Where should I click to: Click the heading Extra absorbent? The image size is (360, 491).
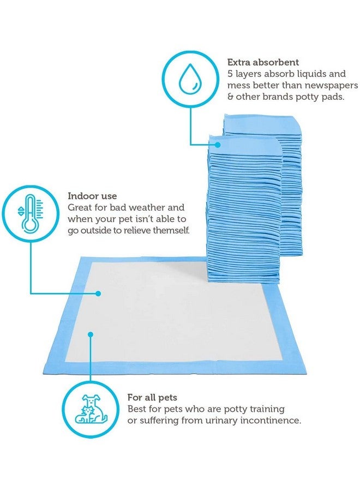click(263, 62)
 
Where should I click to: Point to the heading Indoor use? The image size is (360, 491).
click(92, 196)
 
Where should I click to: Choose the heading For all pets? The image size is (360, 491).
click(152, 397)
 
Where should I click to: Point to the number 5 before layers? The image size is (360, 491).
click(230, 74)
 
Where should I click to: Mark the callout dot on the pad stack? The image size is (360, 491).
click(218, 145)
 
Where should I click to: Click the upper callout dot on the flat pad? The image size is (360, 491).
click(98, 293)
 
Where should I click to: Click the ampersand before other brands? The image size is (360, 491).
click(230, 97)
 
